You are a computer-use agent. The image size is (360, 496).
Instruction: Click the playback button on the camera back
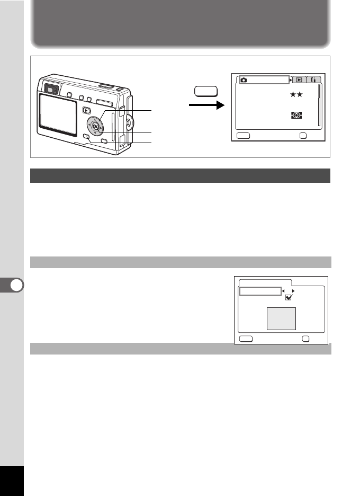[87, 111]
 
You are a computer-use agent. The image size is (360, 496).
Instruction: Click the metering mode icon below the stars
[296, 114]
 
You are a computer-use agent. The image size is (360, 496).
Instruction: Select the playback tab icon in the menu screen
[299, 79]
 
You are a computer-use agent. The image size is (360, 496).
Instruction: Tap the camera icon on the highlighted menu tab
[244, 79]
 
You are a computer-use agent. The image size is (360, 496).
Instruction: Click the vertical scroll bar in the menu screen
[319, 105]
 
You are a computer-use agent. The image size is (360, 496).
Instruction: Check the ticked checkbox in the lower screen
[289, 298]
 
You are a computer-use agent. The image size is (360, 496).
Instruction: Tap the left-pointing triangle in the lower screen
[283, 291]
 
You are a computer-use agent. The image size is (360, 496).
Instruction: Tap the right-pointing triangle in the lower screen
[293, 291]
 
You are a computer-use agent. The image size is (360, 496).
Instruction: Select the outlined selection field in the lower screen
[259, 291]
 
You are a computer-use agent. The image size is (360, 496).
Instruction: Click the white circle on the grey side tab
[16, 286]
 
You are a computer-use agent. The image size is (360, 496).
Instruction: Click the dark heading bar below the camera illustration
[180, 175]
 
